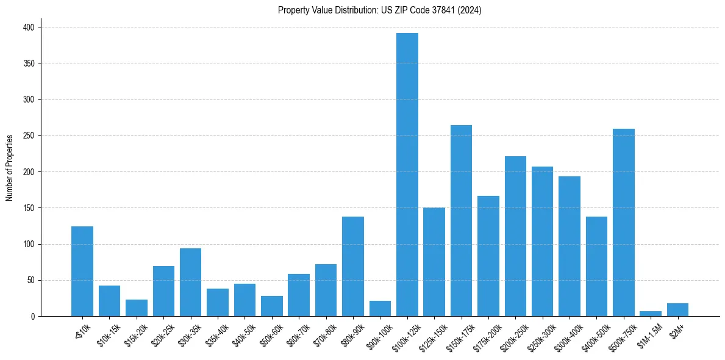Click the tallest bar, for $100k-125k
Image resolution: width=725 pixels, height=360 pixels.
click(407, 175)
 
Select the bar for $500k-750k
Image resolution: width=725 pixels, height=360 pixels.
click(624, 223)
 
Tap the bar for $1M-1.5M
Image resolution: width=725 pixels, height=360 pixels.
click(651, 314)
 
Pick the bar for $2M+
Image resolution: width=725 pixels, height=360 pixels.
click(677, 310)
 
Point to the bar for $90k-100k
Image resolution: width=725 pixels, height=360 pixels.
click(380, 309)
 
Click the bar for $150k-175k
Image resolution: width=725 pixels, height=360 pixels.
click(461, 221)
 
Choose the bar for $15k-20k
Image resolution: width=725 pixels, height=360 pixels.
click(137, 308)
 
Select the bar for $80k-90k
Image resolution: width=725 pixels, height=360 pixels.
click(353, 267)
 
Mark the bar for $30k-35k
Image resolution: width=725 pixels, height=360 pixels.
click(190, 283)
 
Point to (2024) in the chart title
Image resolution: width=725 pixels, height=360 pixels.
click(470, 10)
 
